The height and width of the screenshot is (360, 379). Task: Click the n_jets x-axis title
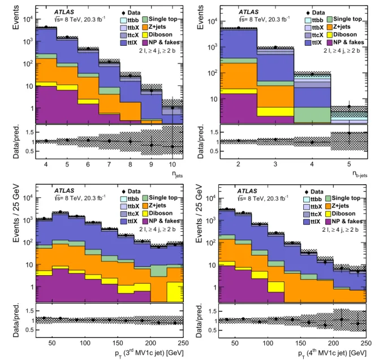point(177,175)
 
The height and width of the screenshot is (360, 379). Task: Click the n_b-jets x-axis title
point(360,174)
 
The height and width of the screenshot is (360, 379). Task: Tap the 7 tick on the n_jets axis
point(109,164)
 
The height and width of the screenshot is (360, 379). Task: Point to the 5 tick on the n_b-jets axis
point(349,164)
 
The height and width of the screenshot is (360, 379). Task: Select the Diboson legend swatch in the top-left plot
point(145,35)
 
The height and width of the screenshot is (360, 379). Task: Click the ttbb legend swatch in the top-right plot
point(308,20)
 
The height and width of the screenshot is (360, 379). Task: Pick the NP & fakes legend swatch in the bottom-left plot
point(145,221)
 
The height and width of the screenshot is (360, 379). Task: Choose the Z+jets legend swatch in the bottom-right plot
point(328,206)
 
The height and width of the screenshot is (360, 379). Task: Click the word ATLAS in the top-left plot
point(64,12)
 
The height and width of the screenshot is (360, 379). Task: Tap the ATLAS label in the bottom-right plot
point(247,191)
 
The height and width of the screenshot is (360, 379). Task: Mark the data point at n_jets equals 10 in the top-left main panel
point(173,108)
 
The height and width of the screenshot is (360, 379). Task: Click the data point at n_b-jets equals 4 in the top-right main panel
point(312,75)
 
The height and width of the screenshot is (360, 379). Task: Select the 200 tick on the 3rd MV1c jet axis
point(150,343)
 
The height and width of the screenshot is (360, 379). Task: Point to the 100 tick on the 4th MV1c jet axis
point(268,343)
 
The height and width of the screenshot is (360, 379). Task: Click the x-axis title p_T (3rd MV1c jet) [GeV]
point(149,353)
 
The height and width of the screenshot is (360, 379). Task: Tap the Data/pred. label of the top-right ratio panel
point(200,141)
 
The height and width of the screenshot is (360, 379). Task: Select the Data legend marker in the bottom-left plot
point(123,192)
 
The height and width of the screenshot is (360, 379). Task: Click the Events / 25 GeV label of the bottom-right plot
point(199,214)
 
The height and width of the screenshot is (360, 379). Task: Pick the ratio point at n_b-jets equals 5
point(349,133)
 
